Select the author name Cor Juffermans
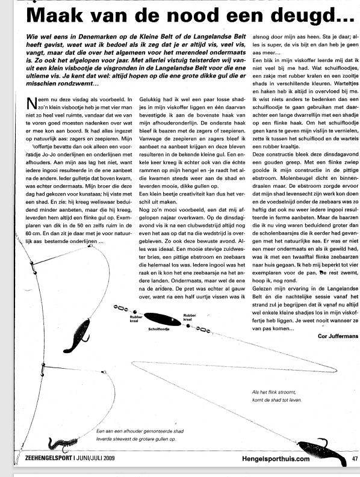coord(338,336)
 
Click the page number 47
coord(355,458)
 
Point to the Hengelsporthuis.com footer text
coord(276,459)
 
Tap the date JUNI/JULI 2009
coord(95,458)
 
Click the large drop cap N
coord(32,103)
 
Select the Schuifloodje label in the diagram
coord(159,330)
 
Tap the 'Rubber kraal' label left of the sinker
coord(135,319)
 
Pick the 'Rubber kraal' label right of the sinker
coord(190,318)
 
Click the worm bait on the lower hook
coord(63,445)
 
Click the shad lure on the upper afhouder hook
coord(78,336)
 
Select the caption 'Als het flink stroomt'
coord(274,392)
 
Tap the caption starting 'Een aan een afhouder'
coord(140,435)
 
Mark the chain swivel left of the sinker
coord(121,308)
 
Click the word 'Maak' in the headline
coord(55,14)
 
